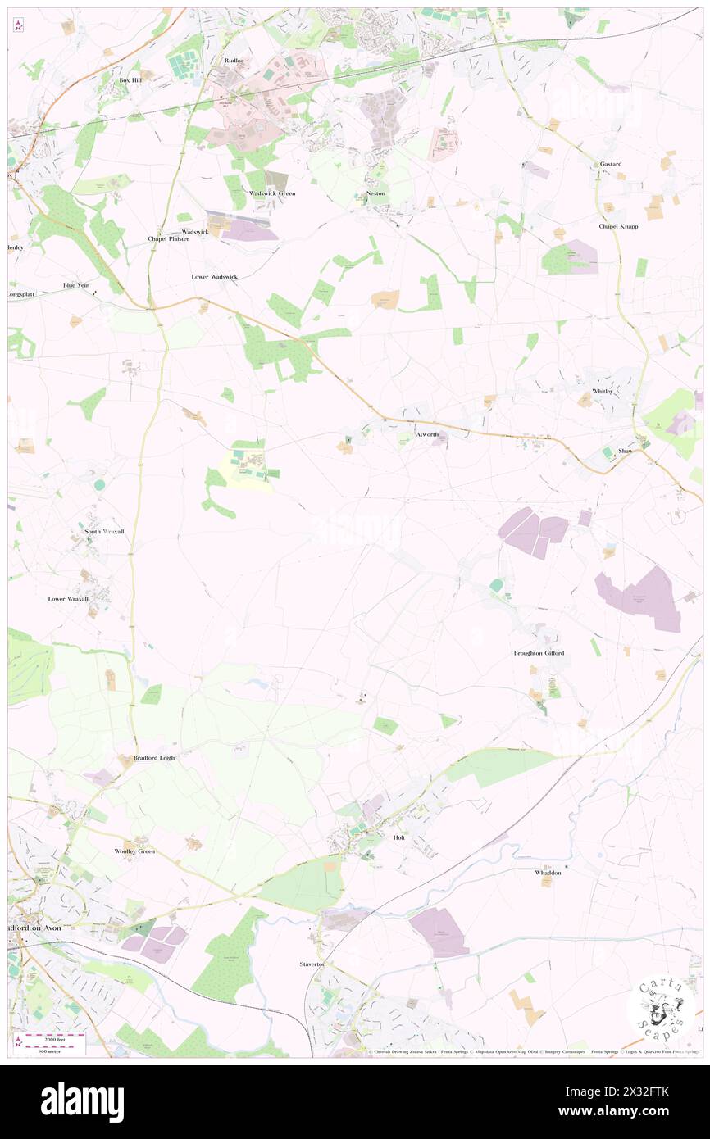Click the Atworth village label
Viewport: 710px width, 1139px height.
pyautogui.click(x=427, y=434)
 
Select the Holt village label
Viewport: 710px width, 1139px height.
pyautogui.click(x=399, y=838)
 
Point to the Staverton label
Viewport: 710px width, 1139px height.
pyautogui.click(x=312, y=964)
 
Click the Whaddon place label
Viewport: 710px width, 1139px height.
pyautogui.click(x=548, y=874)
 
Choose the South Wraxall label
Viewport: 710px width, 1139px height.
pyautogui.click(x=104, y=532)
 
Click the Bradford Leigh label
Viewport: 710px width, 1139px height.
pyautogui.click(x=154, y=758)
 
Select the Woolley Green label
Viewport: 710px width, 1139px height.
pyautogui.click(x=134, y=851)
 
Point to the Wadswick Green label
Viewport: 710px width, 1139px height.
pyautogui.click(x=272, y=193)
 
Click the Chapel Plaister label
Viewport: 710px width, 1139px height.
pyautogui.click(x=168, y=239)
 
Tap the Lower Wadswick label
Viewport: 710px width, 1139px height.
pyautogui.click(x=214, y=277)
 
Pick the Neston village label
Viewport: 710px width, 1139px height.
pyautogui.click(x=375, y=193)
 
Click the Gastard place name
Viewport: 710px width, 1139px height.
pyautogui.click(x=611, y=164)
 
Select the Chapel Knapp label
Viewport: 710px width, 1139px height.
pyautogui.click(x=618, y=226)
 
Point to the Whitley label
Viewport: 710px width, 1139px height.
pyautogui.click(x=603, y=392)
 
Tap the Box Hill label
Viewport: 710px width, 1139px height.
pyautogui.click(x=130, y=80)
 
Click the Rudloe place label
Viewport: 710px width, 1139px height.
pyautogui.click(x=234, y=61)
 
